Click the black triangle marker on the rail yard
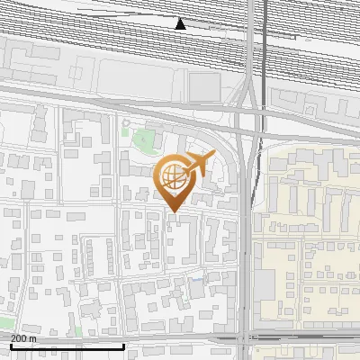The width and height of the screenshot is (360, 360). tap(181, 24)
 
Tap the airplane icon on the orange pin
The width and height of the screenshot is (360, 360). tap(201, 164)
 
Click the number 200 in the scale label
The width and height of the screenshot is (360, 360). tap(20, 338)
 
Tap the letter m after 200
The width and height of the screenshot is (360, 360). tap(34, 338)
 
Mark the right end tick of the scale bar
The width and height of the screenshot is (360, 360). tap(123, 346)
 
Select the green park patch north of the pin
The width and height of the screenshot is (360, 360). tap(142, 139)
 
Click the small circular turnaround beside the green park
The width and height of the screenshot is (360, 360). tap(127, 123)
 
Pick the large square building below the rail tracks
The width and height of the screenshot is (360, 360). tap(204, 86)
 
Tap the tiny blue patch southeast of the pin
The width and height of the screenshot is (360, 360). tap(197, 279)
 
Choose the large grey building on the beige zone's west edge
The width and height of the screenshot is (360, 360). tap(264, 285)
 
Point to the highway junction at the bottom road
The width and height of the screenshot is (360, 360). tap(246, 338)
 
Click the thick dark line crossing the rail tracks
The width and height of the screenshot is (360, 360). tap(264, 45)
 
